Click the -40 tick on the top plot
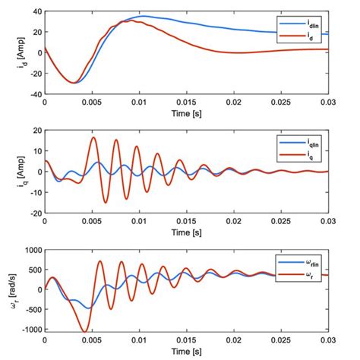(x=33, y=94)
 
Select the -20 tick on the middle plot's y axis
(x=33, y=213)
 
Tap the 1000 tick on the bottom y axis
(x=30, y=249)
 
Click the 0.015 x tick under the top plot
(x=188, y=102)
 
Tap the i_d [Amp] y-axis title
(x=9, y=53)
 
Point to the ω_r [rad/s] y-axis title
(x=9, y=290)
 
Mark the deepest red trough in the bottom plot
(x=82, y=330)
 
